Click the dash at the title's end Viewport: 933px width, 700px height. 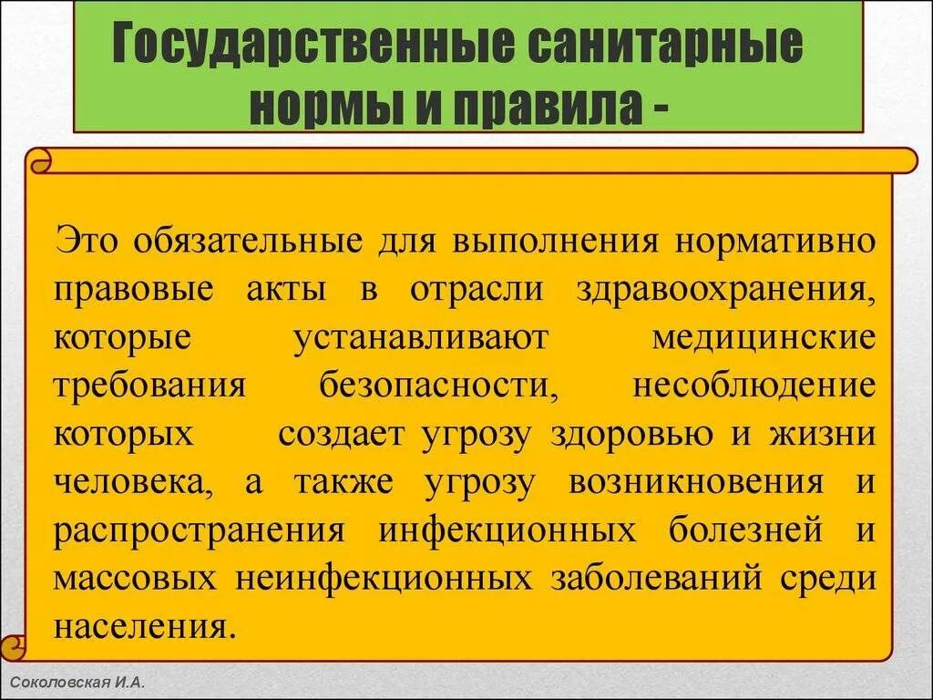(x=657, y=108)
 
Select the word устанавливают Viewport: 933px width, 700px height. (x=421, y=336)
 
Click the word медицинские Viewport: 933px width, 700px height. (x=764, y=336)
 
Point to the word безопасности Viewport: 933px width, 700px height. (x=438, y=385)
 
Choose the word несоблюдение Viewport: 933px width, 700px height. (x=754, y=385)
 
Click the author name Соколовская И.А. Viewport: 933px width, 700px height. (x=77, y=682)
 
